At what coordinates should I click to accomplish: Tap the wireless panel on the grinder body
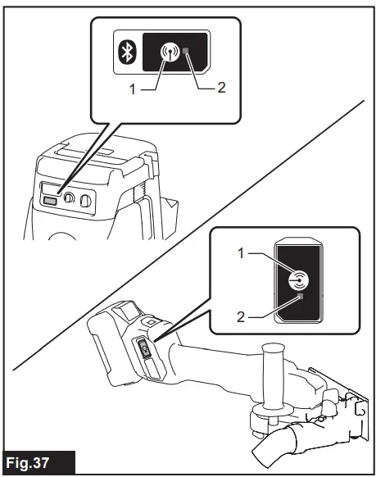click(x=144, y=350)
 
